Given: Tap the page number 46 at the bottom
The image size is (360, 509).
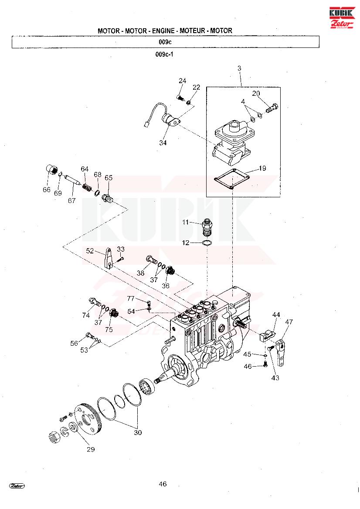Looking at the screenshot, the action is click(x=163, y=484).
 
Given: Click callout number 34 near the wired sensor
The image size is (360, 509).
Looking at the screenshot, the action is click(x=163, y=142).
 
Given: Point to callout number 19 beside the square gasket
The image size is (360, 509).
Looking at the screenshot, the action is click(x=262, y=168).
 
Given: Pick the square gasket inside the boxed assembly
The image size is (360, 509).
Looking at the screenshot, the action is click(x=232, y=178).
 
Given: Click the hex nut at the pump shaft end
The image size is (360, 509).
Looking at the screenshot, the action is click(x=54, y=437).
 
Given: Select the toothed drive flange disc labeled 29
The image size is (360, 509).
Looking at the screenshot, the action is click(x=87, y=419).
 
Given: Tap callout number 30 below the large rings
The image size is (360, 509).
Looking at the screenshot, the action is click(x=138, y=432).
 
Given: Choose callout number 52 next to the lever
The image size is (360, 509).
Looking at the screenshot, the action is click(x=90, y=251).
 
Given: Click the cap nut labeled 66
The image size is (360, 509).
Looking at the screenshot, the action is click(x=51, y=170).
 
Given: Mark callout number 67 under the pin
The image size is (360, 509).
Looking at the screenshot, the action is click(x=71, y=201).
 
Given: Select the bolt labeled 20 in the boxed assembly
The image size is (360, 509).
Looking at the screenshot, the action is click(x=272, y=108).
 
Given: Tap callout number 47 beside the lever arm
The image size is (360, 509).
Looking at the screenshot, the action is click(x=289, y=322).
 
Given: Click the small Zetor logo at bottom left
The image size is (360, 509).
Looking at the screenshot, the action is click(x=17, y=486).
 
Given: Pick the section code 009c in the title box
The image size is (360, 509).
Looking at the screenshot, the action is click(x=165, y=42).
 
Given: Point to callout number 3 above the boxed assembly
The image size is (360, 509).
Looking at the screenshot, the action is click(x=239, y=68).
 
